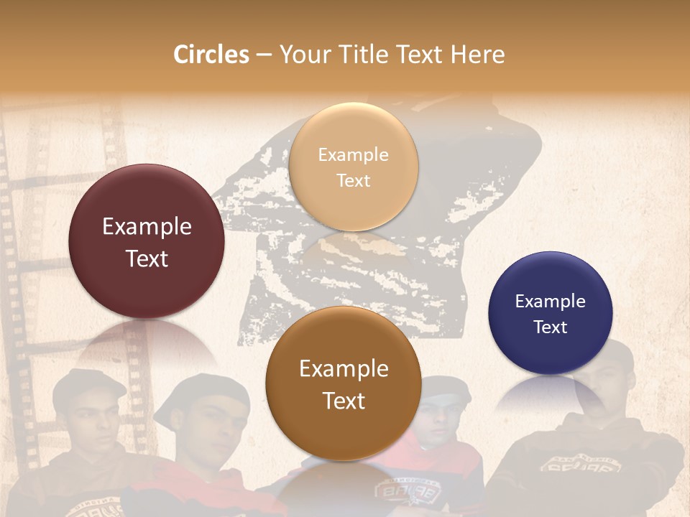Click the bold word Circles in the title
click(x=211, y=55)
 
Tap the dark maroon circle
click(x=147, y=241)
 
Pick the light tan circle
click(x=353, y=167)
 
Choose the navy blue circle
click(x=551, y=313)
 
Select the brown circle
click(x=344, y=383)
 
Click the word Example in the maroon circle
click(x=147, y=227)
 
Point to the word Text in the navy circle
click(x=551, y=327)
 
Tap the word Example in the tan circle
click(x=353, y=155)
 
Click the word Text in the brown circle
click(x=344, y=401)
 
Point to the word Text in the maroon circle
click(x=147, y=258)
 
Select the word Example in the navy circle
click(x=551, y=302)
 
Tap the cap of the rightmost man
click(x=611, y=352)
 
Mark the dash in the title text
click(x=264, y=55)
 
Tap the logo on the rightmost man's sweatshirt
click(x=579, y=467)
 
